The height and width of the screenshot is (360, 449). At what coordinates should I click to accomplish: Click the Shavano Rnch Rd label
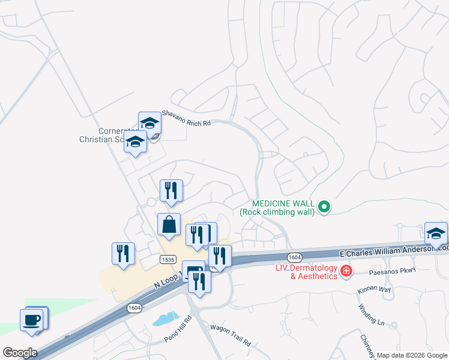(187, 118)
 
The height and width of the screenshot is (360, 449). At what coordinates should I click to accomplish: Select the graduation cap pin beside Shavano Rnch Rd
(149, 124)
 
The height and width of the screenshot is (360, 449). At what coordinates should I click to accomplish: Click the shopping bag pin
(169, 224)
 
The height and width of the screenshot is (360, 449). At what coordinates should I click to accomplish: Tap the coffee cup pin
(32, 319)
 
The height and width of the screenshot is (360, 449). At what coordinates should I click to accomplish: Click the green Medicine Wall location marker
(324, 208)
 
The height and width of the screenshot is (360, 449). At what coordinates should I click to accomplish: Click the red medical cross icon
(346, 272)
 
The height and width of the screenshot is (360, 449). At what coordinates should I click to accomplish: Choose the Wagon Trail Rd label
(230, 335)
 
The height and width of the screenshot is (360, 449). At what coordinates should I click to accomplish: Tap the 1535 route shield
(168, 259)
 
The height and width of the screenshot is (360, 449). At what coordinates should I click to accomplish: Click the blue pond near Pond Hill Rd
(166, 319)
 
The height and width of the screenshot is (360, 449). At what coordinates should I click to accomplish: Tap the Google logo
(20, 353)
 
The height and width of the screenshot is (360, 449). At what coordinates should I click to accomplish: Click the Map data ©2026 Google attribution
(412, 355)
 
